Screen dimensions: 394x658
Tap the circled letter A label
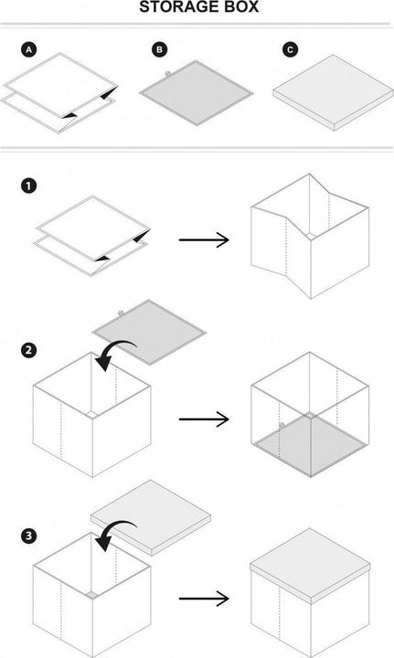[x=28, y=50]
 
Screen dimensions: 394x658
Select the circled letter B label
[x=159, y=50]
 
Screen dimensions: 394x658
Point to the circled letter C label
[x=290, y=50]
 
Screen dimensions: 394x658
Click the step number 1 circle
[x=28, y=186]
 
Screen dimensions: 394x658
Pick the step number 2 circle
[x=28, y=350]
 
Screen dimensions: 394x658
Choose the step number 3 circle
[x=28, y=536]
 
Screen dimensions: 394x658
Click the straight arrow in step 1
[x=204, y=240]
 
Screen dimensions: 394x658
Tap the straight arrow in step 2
[x=204, y=419]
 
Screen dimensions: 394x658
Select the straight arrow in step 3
[x=204, y=599]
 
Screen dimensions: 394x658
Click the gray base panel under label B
[x=197, y=92]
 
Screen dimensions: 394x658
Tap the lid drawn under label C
[x=334, y=93]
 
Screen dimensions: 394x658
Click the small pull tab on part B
[x=168, y=73]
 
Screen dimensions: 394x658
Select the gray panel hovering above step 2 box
[x=149, y=332]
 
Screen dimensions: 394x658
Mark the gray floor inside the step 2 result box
[x=311, y=444]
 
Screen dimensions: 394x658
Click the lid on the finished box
[x=311, y=567]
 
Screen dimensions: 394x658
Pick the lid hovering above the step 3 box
[x=151, y=518]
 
